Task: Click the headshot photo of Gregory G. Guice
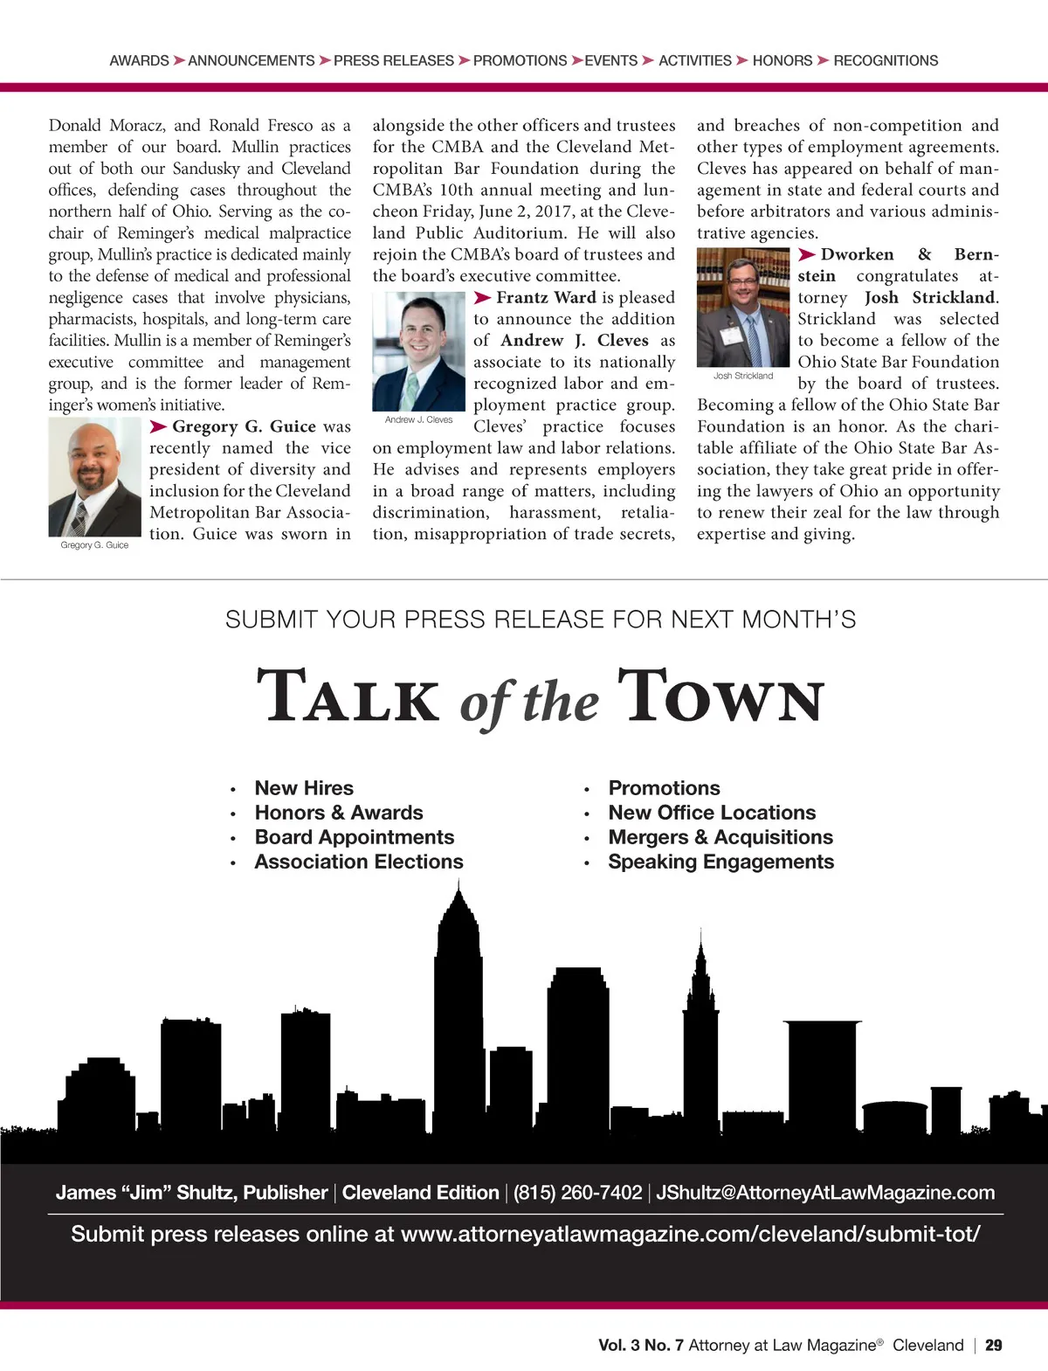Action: point(94,477)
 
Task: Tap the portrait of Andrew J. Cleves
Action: point(418,350)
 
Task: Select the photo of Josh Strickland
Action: point(743,307)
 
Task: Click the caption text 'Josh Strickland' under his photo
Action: point(743,376)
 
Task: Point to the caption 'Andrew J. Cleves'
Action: point(418,419)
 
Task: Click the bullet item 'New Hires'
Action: point(304,788)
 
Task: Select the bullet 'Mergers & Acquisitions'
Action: point(720,837)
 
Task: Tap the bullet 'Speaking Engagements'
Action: point(720,862)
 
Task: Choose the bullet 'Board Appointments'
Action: point(354,837)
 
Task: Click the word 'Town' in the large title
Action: point(720,696)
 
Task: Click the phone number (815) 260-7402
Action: point(577,1193)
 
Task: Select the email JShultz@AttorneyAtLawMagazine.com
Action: point(825,1193)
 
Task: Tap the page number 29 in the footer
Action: point(994,1346)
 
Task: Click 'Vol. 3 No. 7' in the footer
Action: point(640,1346)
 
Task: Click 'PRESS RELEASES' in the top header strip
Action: point(394,60)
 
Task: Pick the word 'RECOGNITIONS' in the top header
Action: point(886,60)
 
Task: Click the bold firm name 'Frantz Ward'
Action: point(546,298)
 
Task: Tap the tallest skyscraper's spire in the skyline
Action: point(458,896)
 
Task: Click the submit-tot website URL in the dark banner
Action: point(690,1234)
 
